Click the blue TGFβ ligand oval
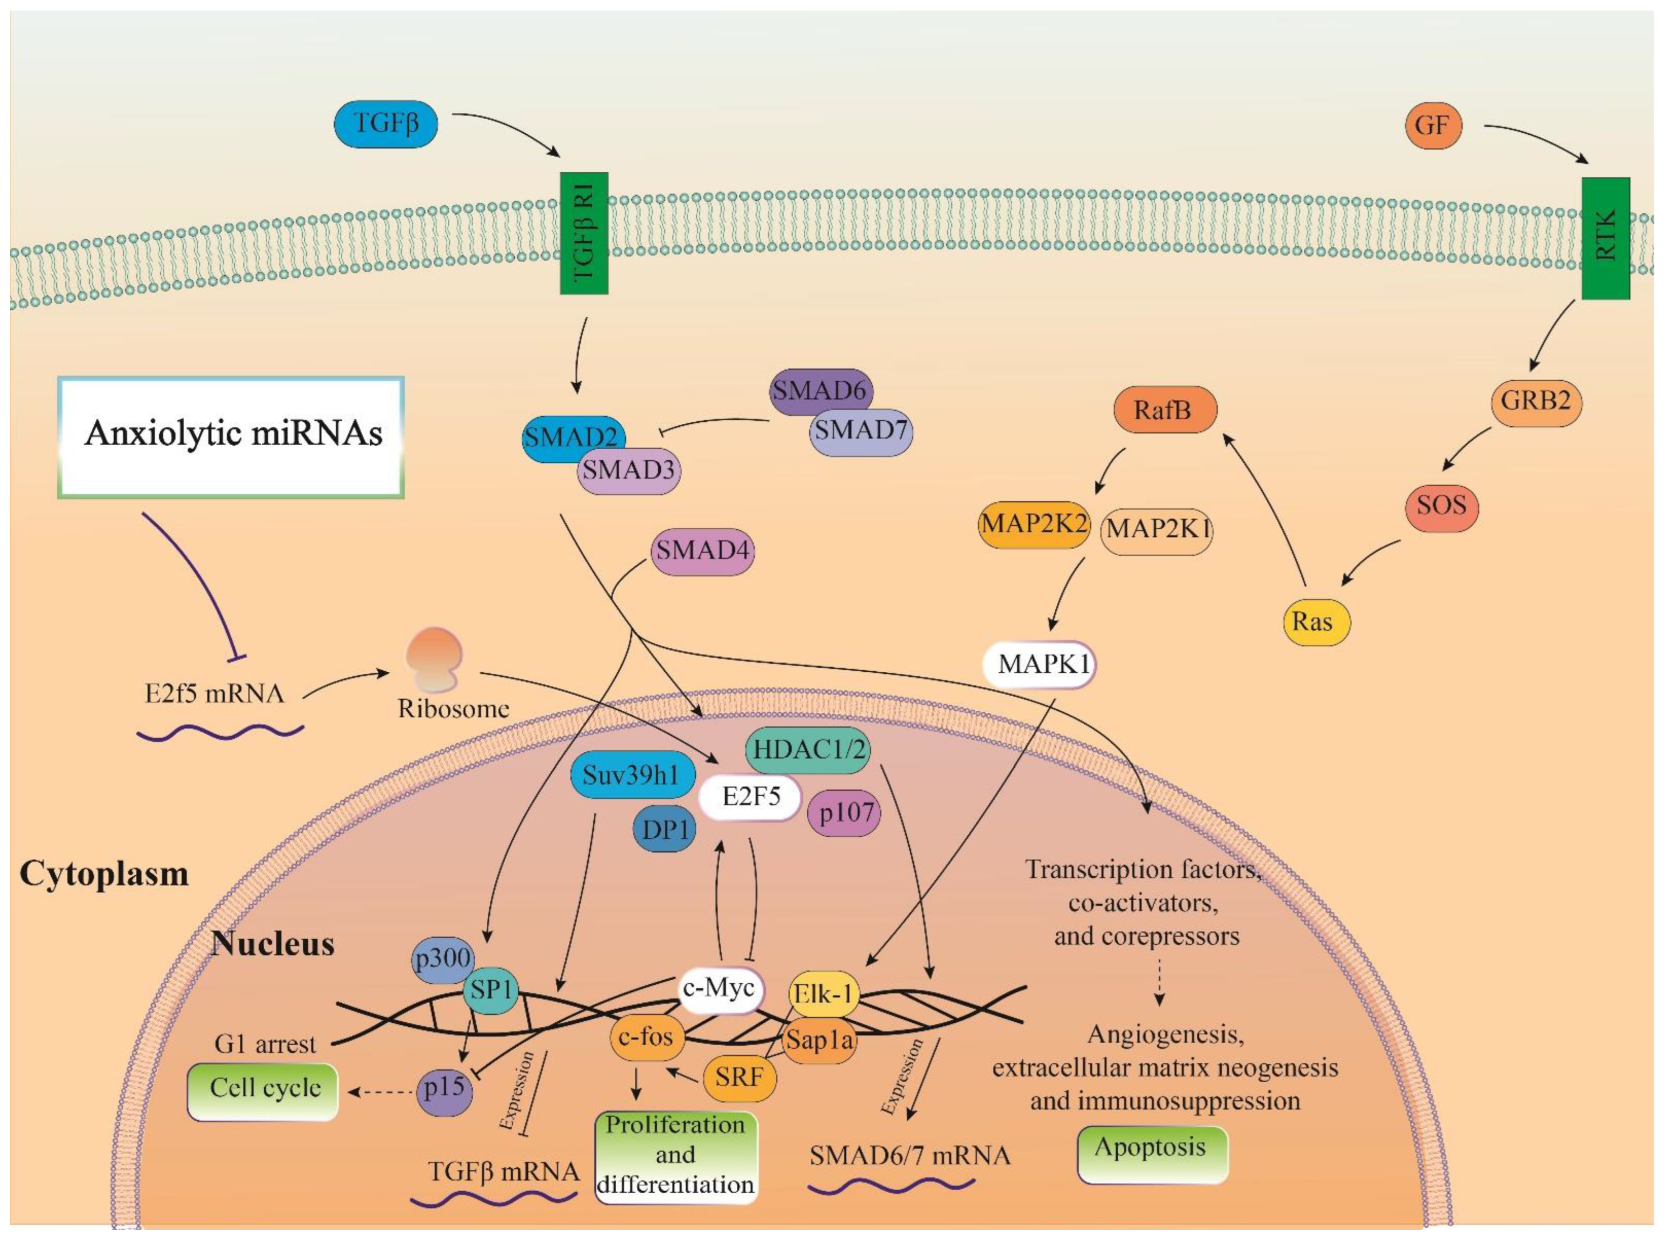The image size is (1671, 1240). tap(386, 123)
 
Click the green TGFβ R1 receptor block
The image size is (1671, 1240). tap(583, 233)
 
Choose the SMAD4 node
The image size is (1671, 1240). tap(702, 551)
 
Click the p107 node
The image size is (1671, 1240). tap(844, 813)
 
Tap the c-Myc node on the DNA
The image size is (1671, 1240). tap(719, 988)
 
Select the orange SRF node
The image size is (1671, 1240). tap(739, 1078)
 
